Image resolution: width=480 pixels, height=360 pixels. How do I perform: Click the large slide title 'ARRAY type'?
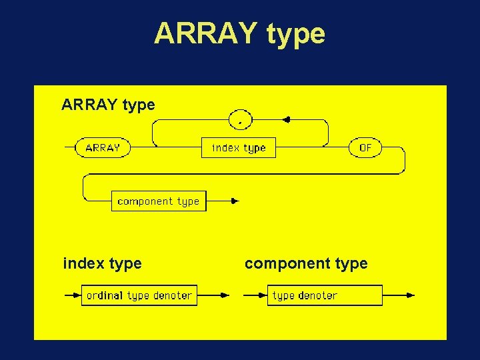[239, 33]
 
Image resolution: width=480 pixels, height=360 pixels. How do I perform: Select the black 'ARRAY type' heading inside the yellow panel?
[108, 105]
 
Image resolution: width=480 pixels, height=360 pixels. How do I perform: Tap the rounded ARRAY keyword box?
[103, 147]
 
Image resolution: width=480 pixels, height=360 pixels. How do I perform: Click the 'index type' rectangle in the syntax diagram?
[238, 147]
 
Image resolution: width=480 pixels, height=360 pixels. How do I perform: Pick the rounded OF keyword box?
[365, 147]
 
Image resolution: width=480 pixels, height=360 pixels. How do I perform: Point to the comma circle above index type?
[239, 120]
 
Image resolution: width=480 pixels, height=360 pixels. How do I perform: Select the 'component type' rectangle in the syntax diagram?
[159, 201]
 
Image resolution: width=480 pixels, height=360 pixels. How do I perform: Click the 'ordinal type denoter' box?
[139, 295]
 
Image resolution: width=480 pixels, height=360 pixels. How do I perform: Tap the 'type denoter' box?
[327, 295]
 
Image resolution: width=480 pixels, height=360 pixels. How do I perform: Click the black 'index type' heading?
[102, 263]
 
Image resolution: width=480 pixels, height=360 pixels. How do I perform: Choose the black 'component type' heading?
[306, 263]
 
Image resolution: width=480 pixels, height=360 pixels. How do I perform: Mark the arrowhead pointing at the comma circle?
[286, 120]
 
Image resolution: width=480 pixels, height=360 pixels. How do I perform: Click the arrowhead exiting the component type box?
[234, 201]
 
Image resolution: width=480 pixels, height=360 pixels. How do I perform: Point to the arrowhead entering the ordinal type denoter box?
[77, 295]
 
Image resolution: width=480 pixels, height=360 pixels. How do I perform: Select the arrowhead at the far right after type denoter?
[410, 295]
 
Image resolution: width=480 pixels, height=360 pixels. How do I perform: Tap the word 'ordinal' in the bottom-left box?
[104, 295]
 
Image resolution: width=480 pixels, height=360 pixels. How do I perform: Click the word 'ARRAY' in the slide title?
[206, 33]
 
